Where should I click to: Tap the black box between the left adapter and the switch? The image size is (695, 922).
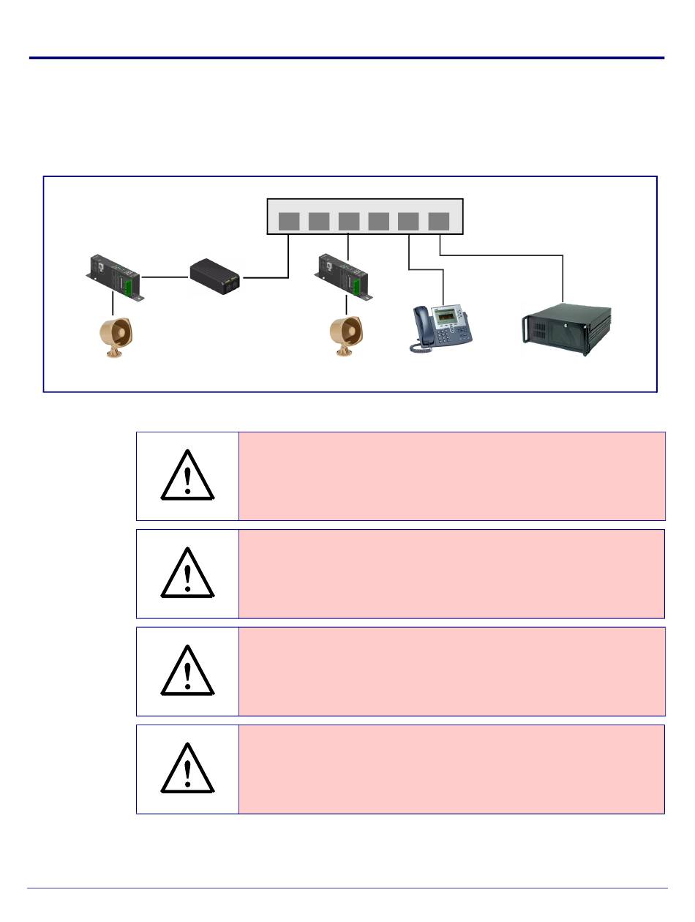216,277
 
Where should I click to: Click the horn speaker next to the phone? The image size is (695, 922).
345,336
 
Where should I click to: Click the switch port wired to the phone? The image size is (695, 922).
409,221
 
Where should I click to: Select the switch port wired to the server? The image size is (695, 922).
438,221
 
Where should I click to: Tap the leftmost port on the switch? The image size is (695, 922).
289,221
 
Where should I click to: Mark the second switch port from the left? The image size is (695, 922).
319,221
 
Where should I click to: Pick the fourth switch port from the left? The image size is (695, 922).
379,221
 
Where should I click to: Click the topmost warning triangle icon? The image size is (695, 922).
188,476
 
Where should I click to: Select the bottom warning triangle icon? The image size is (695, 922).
188,770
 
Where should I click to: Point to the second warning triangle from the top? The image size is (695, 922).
188,574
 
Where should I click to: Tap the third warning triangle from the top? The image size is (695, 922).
188,672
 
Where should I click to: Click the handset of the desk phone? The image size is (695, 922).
422,329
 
